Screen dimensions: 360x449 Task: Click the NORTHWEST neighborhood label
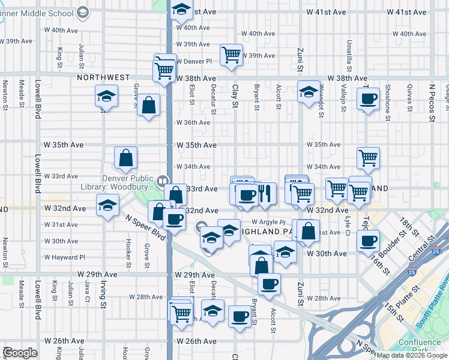tap(103, 78)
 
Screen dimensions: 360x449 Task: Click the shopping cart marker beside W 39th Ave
tap(231, 55)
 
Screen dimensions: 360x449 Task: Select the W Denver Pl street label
tap(194, 61)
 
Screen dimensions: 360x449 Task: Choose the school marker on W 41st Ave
tap(181, 10)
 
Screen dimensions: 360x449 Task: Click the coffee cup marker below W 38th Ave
tap(368, 98)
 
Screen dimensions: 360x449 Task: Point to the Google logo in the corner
tap(20, 353)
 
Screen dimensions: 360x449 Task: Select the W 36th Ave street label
tap(193, 122)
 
